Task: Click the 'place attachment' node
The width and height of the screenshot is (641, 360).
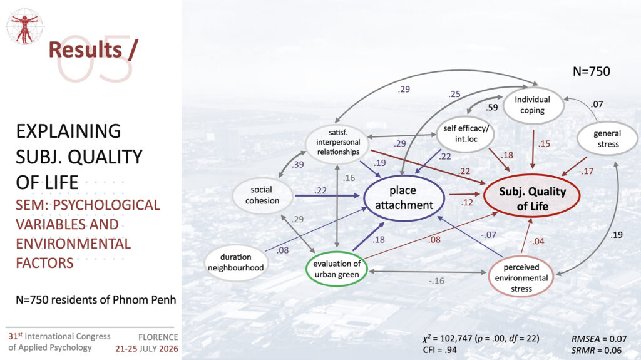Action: coord(404,198)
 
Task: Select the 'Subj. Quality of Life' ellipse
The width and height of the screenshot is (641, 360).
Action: coord(532,196)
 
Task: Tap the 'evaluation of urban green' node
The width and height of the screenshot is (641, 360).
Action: coord(337,269)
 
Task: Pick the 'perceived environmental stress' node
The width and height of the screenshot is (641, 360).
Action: coord(521,277)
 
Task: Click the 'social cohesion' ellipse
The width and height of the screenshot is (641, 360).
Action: coord(262,195)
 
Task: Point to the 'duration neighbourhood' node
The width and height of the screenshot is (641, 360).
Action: coord(236,262)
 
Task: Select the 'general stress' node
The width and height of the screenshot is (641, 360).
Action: coord(607,139)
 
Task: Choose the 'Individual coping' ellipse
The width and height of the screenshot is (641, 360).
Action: coord(532,105)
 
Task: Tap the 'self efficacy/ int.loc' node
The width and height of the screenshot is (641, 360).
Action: coord(466,134)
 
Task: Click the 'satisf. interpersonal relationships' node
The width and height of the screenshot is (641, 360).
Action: coord(337,142)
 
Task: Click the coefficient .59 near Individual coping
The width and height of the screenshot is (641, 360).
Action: coord(491,108)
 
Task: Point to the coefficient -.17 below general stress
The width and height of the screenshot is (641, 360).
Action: coord(586,171)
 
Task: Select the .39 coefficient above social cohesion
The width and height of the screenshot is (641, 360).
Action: coord(297,165)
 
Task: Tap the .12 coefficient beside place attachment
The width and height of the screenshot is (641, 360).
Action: coord(467,202)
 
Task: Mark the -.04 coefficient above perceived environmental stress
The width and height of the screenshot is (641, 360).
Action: coord(536,242)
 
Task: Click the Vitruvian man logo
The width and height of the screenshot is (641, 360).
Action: coord(25,26)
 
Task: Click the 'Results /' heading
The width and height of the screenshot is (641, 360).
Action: coord(93,50)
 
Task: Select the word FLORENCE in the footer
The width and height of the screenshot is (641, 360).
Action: coord(158,337)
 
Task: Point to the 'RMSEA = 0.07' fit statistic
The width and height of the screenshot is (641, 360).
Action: coord(599,339)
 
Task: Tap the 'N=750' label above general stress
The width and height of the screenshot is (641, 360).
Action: coord(591,71)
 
